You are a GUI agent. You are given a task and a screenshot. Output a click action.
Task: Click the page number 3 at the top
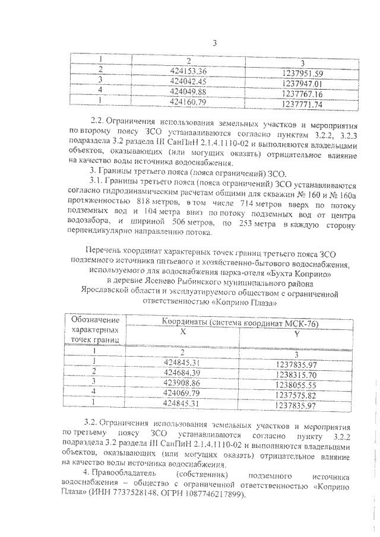click(215, 43)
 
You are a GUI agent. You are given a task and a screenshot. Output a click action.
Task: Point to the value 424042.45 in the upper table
click(187, 81)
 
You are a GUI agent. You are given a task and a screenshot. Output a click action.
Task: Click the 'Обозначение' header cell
click(94, 321)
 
